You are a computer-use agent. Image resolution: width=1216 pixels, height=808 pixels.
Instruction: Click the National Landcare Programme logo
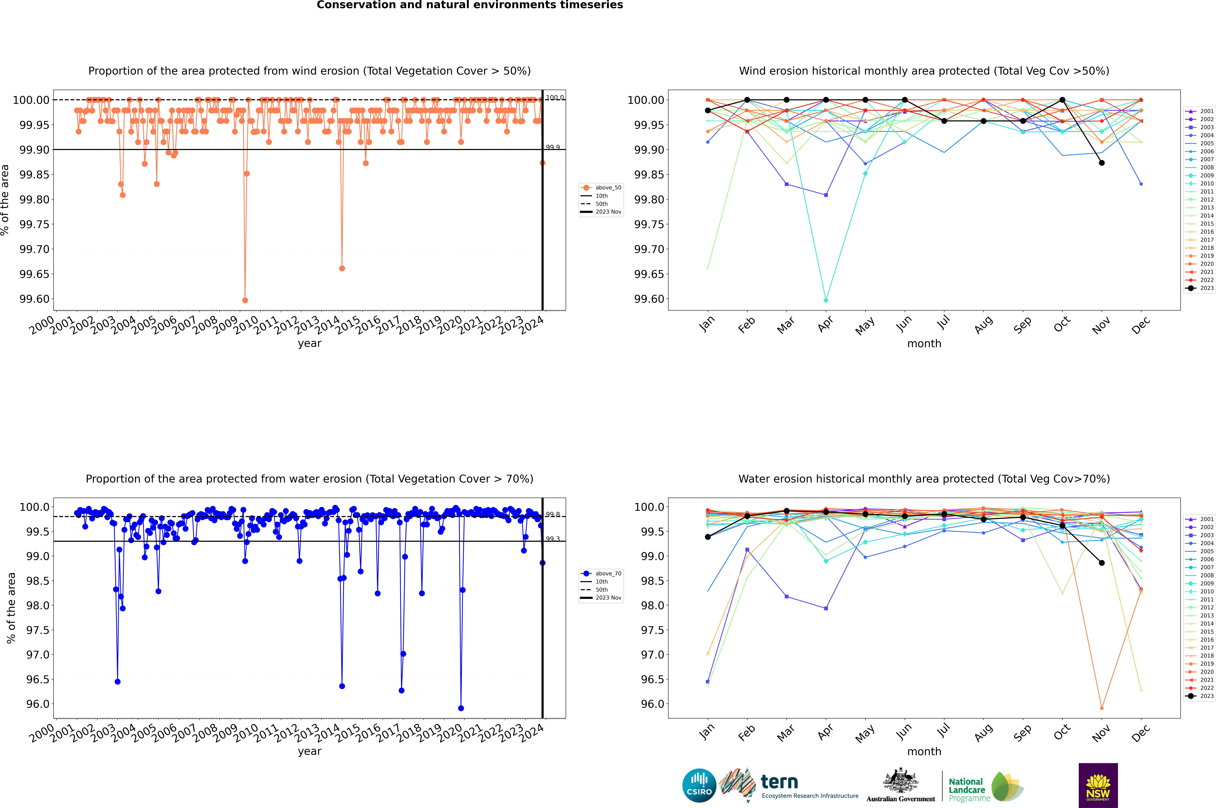point(986,787)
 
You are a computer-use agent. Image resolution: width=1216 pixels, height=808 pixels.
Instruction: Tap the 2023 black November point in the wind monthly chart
point(1102,163)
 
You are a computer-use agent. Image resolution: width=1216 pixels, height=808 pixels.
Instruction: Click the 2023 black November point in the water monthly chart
point(1102,563)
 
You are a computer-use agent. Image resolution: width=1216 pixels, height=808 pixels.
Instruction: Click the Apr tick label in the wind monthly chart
point(825,325)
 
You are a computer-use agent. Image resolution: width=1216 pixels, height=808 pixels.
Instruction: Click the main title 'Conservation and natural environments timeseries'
point(470,5)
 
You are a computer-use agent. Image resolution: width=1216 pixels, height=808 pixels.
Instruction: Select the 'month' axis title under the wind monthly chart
point(924,344)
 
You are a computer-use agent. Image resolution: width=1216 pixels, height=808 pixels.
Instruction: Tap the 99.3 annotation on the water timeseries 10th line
point(553,539)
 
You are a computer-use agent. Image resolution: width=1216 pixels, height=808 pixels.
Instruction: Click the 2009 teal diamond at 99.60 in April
point(826,300)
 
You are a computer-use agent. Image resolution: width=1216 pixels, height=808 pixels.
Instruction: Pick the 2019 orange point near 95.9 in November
point(1102,708)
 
